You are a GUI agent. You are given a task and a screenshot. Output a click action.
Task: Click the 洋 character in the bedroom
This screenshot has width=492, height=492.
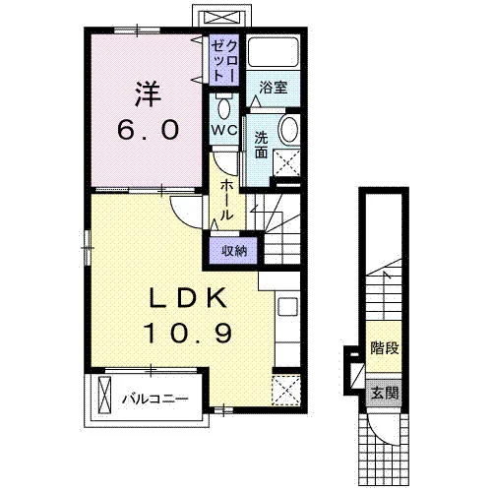click(148, 93)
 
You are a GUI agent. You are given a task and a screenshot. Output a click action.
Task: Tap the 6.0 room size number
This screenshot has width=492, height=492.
click(149, 129)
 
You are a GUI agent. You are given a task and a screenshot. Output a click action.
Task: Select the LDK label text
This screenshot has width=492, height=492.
click(188, 297)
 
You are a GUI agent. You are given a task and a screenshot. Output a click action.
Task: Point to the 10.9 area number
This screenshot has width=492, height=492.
click(188, 333)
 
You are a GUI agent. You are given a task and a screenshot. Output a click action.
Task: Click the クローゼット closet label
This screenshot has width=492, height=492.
click(224, 60)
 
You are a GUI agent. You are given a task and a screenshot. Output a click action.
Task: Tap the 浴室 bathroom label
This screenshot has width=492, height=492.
click(274, 88)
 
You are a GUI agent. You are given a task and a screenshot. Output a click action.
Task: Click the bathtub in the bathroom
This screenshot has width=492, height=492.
click(274, 52)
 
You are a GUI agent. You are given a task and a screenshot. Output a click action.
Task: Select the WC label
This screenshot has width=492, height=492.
click(224, 131)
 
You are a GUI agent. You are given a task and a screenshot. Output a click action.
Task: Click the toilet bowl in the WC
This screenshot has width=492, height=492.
click(224, 107)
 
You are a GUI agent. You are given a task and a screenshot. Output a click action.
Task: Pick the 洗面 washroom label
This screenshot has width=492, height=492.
click(262, 145)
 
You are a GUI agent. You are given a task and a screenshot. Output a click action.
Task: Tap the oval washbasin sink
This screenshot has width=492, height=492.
click(289, 128)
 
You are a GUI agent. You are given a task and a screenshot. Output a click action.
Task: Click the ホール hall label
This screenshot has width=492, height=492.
click(226, 200)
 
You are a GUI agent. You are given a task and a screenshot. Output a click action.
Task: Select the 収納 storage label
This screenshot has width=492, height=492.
click(234, 251)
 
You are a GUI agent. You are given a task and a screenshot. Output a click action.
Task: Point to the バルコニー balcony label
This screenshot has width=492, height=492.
click(155, 399)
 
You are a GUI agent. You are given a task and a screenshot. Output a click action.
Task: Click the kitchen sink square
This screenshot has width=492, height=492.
click(288, 307)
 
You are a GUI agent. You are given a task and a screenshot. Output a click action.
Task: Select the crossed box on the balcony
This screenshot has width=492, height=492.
click(105, 395)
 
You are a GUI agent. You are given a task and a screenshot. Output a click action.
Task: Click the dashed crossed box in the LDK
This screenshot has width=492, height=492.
click(286, 390)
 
